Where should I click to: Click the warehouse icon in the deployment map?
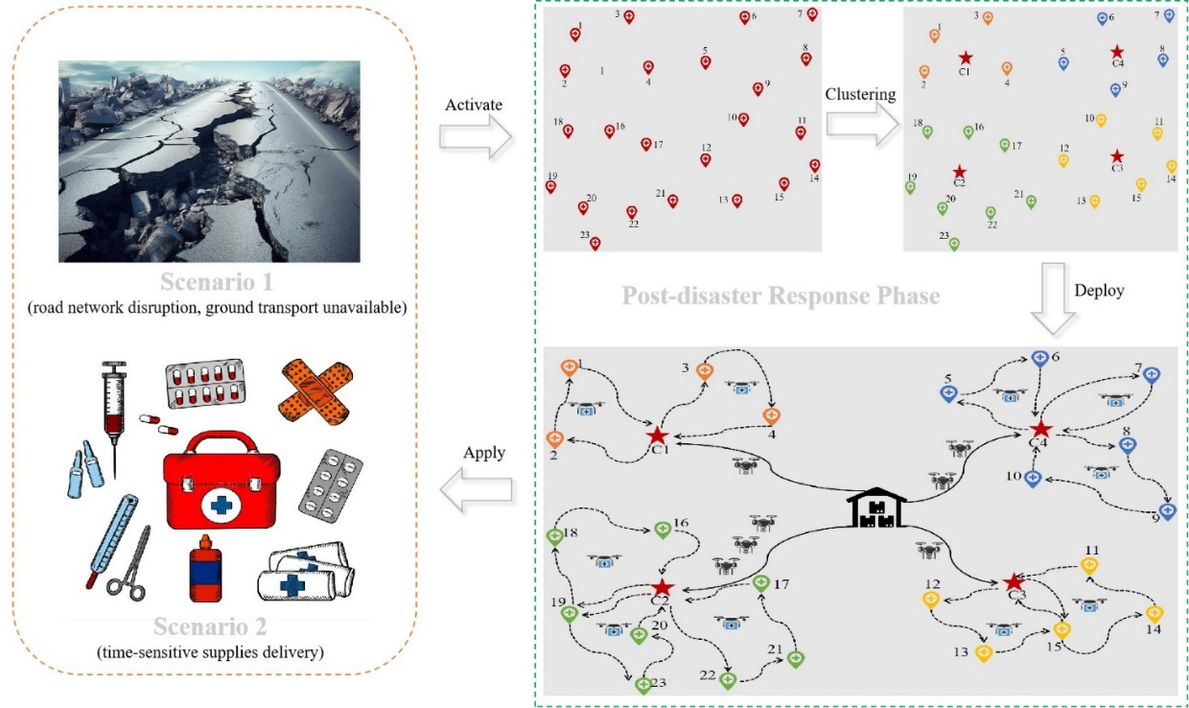coord(877,508)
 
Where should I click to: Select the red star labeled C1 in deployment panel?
coord(657,437)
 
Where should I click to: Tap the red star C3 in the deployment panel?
coord(1014,581)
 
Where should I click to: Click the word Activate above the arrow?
coord(474,105)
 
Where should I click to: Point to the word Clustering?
coord(860,94)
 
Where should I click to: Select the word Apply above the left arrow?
coord(484,453)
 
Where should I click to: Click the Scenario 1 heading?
coord(217,283)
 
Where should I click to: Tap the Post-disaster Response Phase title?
coord(781,295)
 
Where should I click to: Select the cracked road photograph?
coord(209,161)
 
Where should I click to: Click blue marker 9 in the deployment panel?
coord(1167,511)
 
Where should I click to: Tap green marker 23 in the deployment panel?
coord(643,685)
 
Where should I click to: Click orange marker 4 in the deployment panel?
coord(771,415)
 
